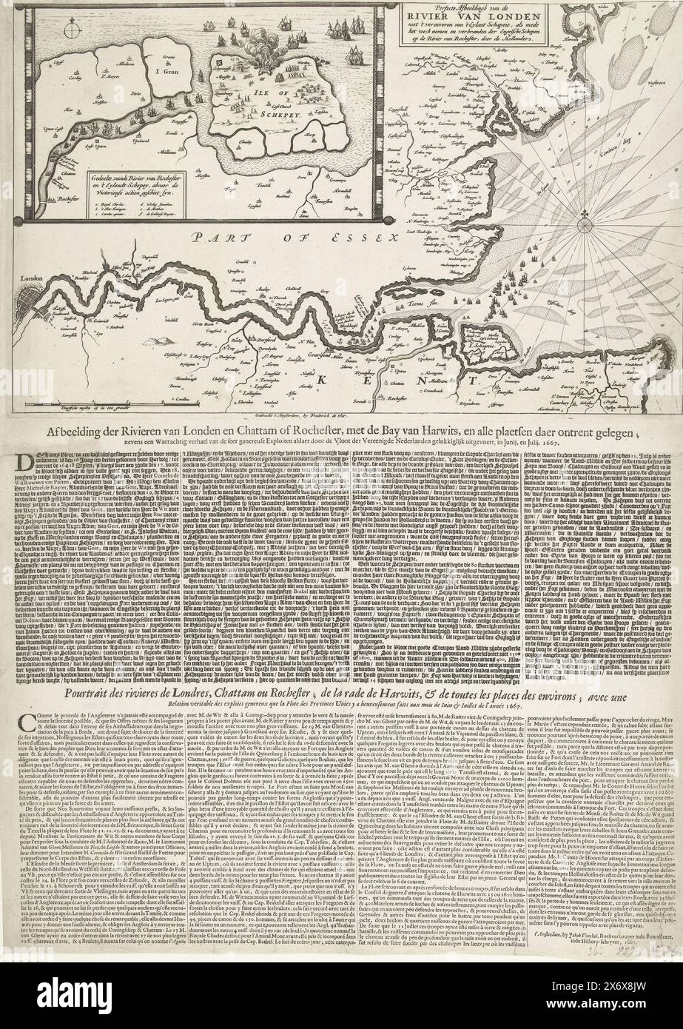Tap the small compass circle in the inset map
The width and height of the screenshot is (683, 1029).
click(x=68, y=32)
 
